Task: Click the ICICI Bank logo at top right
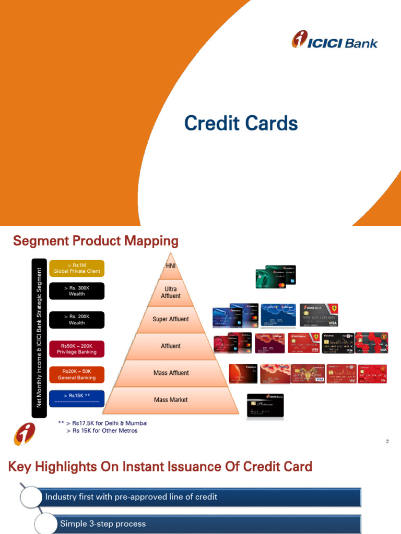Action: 335,41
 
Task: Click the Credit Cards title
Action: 241,124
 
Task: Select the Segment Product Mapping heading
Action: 96,241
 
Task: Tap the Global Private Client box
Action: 77,268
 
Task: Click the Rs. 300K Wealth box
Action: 77,291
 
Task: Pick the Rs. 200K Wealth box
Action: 77,320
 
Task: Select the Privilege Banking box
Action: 77,349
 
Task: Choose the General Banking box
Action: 77,374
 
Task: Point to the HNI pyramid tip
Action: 171,266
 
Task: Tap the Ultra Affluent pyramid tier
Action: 171,292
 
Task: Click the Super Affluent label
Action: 171,319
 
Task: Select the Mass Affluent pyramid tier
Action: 171,373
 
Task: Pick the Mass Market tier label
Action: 171,400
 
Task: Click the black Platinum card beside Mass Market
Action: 265,406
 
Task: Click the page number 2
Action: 387,442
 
